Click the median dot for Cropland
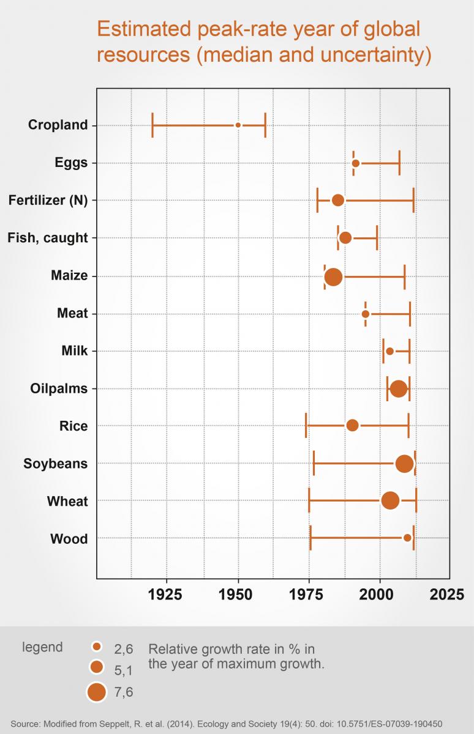238,125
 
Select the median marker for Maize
333,276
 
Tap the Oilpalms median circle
398,389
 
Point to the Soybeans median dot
404,464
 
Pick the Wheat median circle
390,500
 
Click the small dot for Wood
407,538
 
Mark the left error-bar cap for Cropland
152,125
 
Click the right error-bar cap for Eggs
399,163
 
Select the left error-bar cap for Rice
306,426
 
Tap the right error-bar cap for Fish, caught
377,237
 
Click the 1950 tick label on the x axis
238,594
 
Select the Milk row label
75,351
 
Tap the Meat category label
72,314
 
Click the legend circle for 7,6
96,692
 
